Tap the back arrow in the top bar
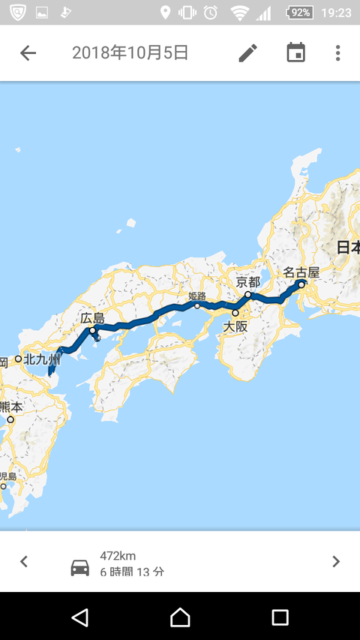(x=28, y=53)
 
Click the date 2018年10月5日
(x=130, y=53)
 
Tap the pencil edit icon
(x=247, y=53)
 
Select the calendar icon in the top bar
(x=296, y=53)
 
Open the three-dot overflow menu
(x=337, y=53)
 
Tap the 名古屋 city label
(x=301, y=272)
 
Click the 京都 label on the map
(x=248, y=282)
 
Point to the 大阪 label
(x=235, y=326)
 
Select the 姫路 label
(x=196, y=296)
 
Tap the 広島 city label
(x=92, y=318)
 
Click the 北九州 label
(x=41, y=359)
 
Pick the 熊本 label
(x=11, y=407)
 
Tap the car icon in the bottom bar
(x=79, y=568)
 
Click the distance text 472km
(x=118, y=556)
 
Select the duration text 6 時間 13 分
(x=132, y=572)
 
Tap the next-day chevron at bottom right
(x=335, y=561)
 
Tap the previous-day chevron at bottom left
(x=24, y=561)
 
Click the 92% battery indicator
(x=300, y=13)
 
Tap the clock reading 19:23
(x=336, y=13)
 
